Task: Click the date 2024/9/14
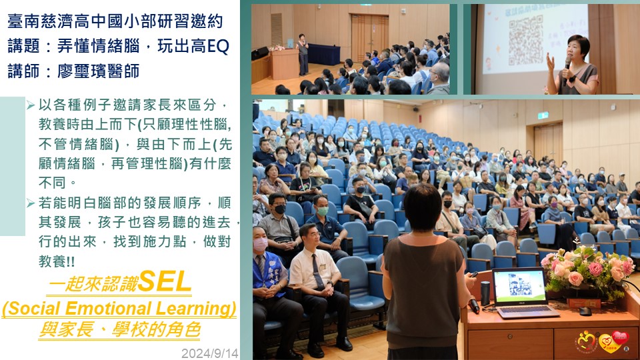(x=210, y=353)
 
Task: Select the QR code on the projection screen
(x=526, y=39)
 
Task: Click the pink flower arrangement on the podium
(x=588, y=271)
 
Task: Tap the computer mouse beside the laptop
(x=585, y=311)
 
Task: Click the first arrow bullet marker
(x=31, y=105)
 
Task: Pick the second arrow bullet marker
(x=31, y=203)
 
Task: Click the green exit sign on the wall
(x=543, y=115)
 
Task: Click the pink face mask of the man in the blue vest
(x=261, y=244)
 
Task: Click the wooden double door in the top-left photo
(x=369, y=37)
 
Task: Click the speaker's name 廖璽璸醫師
(x=98, y=71)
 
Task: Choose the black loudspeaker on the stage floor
(x=259, y=53)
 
